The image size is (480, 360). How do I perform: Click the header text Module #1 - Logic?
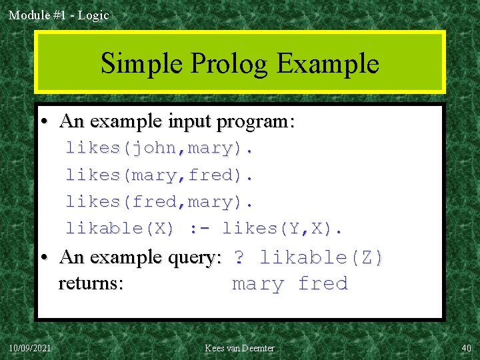click(x=59, y=15)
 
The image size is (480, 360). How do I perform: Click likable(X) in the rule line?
click(x=120, y=229)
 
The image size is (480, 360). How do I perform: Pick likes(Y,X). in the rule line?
click(x=283, y=229)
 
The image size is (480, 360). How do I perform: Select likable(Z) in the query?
click(x=322, y=257)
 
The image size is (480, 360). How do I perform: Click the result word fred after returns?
click(x=323, y=284)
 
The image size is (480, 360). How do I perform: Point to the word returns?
click(x=91, y=284)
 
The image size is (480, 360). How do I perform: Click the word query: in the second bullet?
click(x=194, y=257)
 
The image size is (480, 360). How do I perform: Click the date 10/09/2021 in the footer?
click(x=31, y=348)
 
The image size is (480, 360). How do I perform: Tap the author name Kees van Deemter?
click(x=239, y=348)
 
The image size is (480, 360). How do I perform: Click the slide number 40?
click(x=465, y=348)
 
